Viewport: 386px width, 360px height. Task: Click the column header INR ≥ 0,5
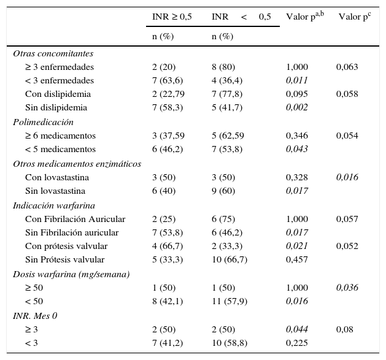172,17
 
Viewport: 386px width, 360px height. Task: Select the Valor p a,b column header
305,17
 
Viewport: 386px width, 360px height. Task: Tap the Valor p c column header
355,17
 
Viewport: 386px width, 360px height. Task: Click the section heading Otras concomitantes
53,53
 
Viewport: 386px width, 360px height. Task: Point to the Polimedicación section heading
43,122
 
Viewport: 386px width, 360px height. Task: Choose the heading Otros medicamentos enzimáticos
77,164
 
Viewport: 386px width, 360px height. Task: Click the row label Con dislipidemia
58,94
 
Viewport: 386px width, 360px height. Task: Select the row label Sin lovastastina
56,191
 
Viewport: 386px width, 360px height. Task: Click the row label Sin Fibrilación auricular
72,233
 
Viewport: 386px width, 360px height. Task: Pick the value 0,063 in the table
347,67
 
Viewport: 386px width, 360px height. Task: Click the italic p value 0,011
297,81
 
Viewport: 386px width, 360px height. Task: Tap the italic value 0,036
347,288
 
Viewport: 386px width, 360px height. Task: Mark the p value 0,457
297,260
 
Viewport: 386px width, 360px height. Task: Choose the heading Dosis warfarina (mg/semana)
71,274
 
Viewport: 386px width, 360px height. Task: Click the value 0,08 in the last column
344,329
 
